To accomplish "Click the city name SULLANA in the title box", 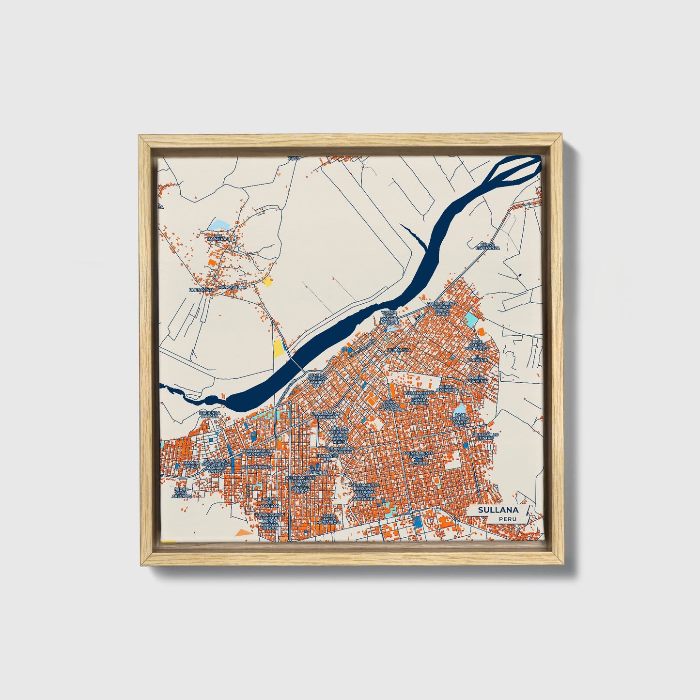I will click(x=498, y=510).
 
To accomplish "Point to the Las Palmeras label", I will click(x=217, y=237).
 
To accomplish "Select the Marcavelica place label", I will click(x=233, y=287).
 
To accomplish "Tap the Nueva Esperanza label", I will click(x=487, y=246).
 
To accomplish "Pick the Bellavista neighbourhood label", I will click(x=399, y=350).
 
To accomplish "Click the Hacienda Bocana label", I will click(x=210, y=415).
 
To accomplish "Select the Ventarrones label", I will click(x=258, y=467).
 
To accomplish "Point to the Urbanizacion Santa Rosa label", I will click(x=259, y=452).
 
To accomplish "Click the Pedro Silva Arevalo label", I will click(x=182, y=492).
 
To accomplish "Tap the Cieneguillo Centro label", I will click(x=486, y=436).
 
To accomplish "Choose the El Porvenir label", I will click(x=477, y=358).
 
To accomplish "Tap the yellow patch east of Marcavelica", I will click(x=267, y=282).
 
